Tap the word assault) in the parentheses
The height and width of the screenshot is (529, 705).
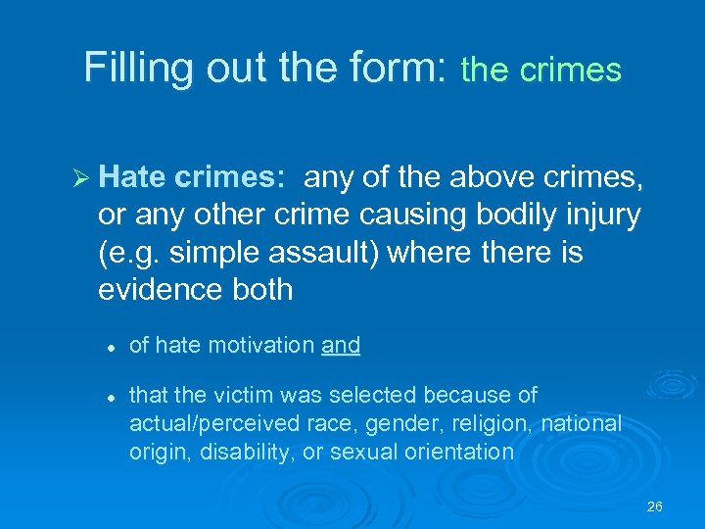(331, 252)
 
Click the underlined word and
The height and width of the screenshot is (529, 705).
(340, 345)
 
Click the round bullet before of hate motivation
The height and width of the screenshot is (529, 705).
(114, 347)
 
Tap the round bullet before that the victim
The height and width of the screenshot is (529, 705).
(114, 397)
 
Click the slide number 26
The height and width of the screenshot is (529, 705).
(655, 506)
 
